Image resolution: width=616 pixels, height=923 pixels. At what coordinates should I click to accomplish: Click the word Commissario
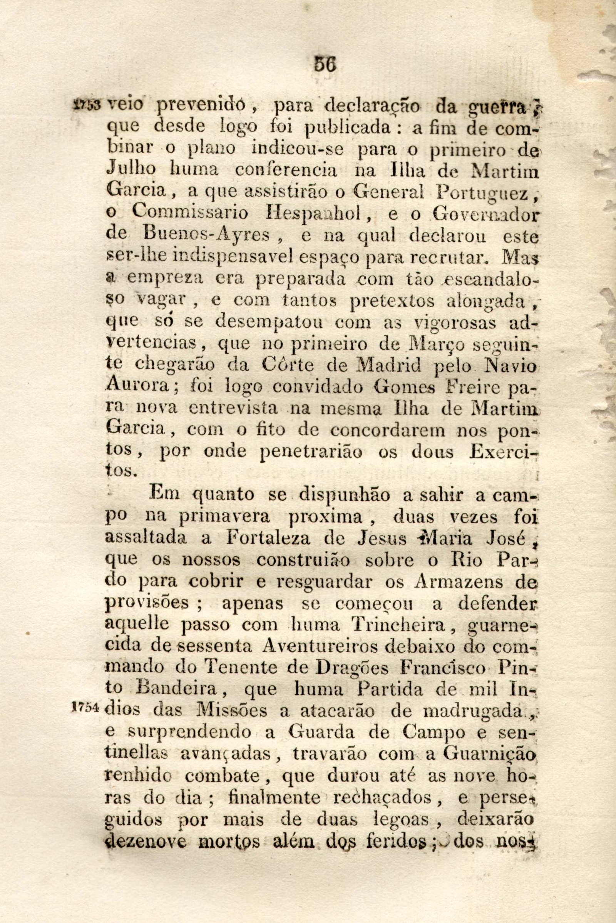[189, 214]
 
